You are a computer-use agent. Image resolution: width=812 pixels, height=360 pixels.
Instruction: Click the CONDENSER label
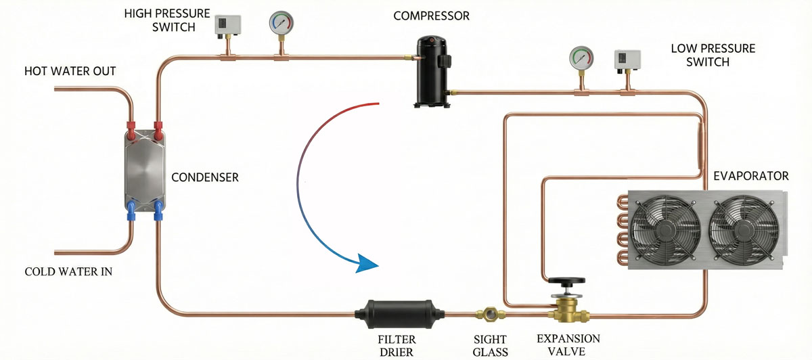(x=204, y=178)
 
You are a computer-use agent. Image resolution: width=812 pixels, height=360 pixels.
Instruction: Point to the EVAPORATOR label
(x=751, y=176)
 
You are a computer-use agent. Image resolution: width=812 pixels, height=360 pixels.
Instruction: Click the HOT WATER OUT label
(x=70, y=71)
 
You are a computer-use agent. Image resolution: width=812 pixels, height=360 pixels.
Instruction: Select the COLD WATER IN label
(x=68, y=272)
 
